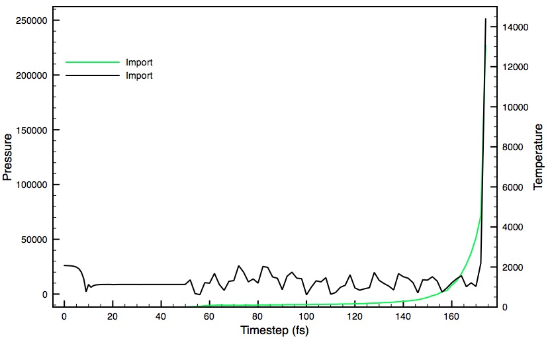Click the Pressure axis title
(8, 157)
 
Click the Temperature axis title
(538, 157)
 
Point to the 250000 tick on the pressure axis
(32, 21)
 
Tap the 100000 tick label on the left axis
(32, 185)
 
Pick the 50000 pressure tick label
(34, 240)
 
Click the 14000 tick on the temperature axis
(514, 27)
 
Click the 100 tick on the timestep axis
(306, 316)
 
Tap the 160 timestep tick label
(451, 316)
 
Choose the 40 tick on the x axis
(161, 316)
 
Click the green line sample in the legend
(91, 63)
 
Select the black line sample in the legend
(91, 76)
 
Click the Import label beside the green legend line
(139, 63)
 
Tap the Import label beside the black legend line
(139, 76)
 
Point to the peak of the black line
(486, 19)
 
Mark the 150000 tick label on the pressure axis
(32, 130)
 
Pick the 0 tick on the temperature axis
(505, 307)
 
